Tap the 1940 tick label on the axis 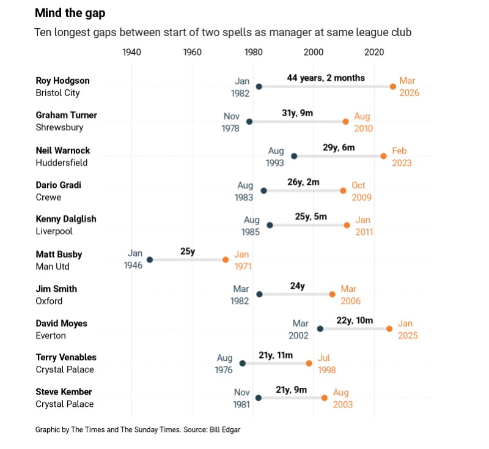point(131,52)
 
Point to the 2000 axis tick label point(314,52)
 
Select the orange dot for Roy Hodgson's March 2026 point(393,87)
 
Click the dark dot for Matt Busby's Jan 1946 point(150,260)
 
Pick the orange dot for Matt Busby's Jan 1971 point(226,260)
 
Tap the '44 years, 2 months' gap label point(326,78)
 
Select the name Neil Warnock point(63,150)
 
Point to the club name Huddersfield point(62,163)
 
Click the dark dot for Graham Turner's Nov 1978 point(249,122)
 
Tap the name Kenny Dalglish point(66,219)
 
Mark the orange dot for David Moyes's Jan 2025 point(389,329)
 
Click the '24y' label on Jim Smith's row point(298,286)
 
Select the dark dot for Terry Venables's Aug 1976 point(243,363)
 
